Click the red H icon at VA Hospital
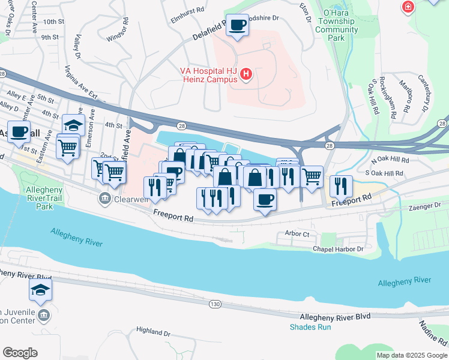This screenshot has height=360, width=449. click(x=246, y=75)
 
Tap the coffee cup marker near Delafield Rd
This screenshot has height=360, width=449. click(x=238, y=25)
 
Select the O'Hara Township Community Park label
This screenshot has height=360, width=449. click(x=337, y=25)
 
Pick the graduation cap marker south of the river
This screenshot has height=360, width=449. click(x=41, y=290)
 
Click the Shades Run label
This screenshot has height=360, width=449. click(x=310, y=327)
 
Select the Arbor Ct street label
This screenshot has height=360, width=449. click(x=298, y=234)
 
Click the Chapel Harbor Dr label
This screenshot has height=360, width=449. click(x=338, y=248)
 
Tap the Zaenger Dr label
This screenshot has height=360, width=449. click(x=429, y=205)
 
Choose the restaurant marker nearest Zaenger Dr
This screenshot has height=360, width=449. click(x=340, y=186)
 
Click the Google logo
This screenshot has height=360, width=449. click(x=20, y=353)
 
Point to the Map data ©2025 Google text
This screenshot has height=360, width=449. click(x=412, y=355)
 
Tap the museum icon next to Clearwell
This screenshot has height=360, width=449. click(x=104, y=198)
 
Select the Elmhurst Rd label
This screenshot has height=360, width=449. click(x=187, y=10)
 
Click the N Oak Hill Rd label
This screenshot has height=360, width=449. click(x=390, y=160)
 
